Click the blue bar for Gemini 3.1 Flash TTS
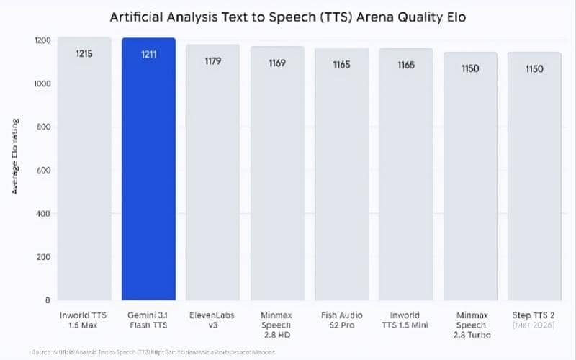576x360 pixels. [148, 180]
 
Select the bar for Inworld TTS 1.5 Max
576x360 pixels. [84, 180]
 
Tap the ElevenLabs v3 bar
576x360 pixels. [212, 180]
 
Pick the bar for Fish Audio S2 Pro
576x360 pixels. [341, 180]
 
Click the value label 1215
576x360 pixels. [84, 53]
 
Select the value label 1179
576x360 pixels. [212, 61]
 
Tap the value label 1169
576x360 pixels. [277, 63]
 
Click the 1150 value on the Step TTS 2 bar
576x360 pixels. [534, 69]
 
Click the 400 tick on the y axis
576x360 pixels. [42, 214]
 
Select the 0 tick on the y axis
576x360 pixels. [47, 300]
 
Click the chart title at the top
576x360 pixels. [288, 16]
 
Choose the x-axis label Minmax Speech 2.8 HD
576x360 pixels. [277, 325]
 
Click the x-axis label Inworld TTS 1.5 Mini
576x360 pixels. [405, 320]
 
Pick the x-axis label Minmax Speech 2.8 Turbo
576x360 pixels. [470, 325]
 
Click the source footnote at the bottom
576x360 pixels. [155, 351]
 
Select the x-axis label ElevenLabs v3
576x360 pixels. [212, 320]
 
